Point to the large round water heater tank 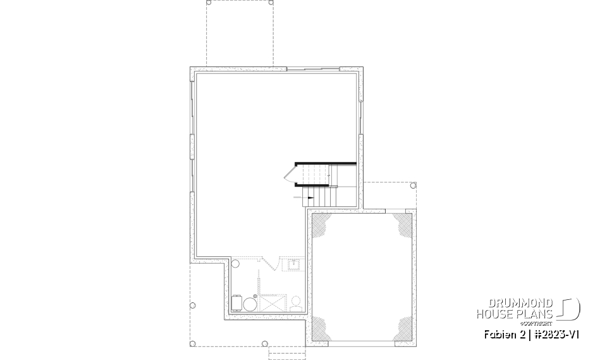(x=250, y=304)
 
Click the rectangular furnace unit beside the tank (x=237, y=303)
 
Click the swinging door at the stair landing (x=291, y=173)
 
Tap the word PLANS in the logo (x=537, y=314)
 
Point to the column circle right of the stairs (x=412, y=186)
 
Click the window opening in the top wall (x=313, y=68)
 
